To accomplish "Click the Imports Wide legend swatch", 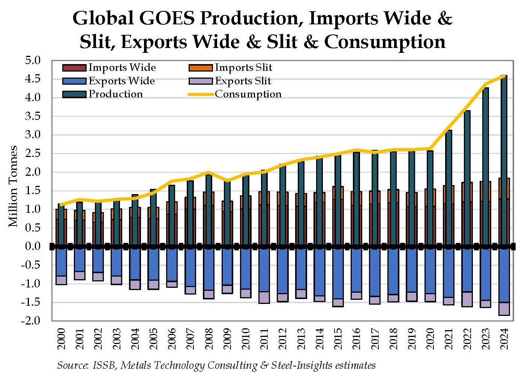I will click(74, 68).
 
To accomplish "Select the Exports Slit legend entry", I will click(243, 81).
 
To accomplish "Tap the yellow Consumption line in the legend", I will click(201, 94).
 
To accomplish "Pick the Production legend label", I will click(115, 94).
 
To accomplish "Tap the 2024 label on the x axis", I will click(504, 339).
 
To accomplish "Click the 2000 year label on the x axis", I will click(61, 339).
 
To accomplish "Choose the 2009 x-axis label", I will click(227, 339).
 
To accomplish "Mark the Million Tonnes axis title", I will click(13, 186).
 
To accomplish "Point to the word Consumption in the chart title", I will click(385, 42).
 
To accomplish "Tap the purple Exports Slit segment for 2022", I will click(467, 299).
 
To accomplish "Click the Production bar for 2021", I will click(449, 157).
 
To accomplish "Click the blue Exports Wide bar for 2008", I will click(208, 269).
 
